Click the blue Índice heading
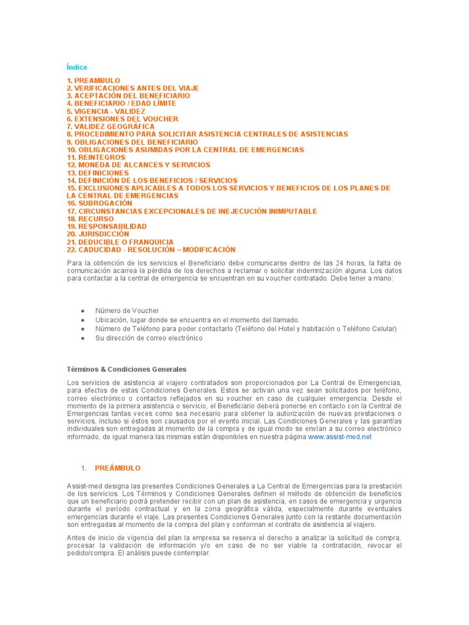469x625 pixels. tap(77, 67)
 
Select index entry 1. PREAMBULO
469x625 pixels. tap(93, 81)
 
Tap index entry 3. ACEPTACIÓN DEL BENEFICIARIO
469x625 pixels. tap(128, 96)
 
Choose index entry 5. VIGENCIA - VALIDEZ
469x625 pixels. tap(106, 111)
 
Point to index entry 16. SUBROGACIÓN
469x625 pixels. tap(99, 203)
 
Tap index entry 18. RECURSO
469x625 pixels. tap(89, 219)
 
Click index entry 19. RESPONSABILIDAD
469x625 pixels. tap(106, 226)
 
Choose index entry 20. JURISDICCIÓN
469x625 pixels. tap(98, 234)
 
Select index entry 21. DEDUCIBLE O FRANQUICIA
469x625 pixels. tap(120, 242)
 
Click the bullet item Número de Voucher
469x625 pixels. tap(127, 311)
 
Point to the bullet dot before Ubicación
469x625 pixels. tap(82, 320)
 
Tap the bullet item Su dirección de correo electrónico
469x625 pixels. tap(148, 338)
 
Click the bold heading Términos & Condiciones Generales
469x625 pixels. tap(126, 369)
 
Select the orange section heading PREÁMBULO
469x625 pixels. tap(117, 468)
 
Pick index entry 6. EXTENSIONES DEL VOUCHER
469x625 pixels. tap(122, 119)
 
